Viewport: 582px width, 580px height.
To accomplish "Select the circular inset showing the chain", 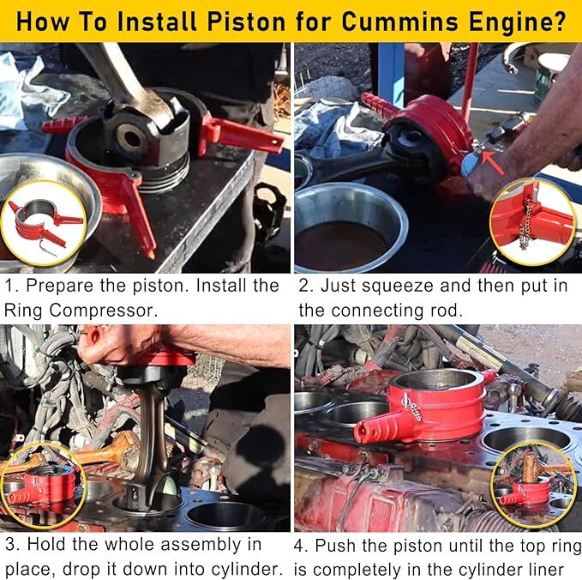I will [532, 221].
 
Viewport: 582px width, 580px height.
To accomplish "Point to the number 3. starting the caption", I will [12, 544].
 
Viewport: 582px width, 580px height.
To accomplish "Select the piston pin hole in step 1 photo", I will [132, 137].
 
